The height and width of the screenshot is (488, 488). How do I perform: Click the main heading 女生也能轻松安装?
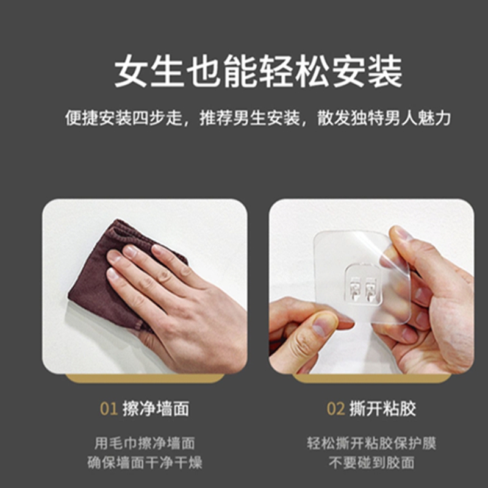click(x=258, y=71)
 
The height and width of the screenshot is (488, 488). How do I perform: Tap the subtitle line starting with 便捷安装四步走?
click(x=258, y=118)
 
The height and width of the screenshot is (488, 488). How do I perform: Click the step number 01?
click(x=109, y=409)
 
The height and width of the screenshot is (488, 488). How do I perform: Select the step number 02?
click(x=336, y=409)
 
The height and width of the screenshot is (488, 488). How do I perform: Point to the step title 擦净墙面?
click(x=156, y=409)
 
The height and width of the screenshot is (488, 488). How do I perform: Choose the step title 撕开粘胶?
click(x=383, y=409)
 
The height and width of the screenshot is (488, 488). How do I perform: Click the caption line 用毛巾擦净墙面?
click(x=145, y=443)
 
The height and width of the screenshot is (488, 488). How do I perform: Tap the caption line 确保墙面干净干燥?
click(x=145, y=462)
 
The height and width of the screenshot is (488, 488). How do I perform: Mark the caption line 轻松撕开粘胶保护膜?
click(x=371, y=443)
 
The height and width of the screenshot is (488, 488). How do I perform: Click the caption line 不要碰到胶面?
click(x=371, y=462)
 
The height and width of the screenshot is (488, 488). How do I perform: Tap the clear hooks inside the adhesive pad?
click(x=363, y=289)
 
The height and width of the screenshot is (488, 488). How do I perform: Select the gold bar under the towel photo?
click(x=145, y=378)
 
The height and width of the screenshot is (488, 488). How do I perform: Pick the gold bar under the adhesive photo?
click(x=371, y=378)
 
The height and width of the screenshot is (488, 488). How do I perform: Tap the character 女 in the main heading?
click(x=131, y=71)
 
